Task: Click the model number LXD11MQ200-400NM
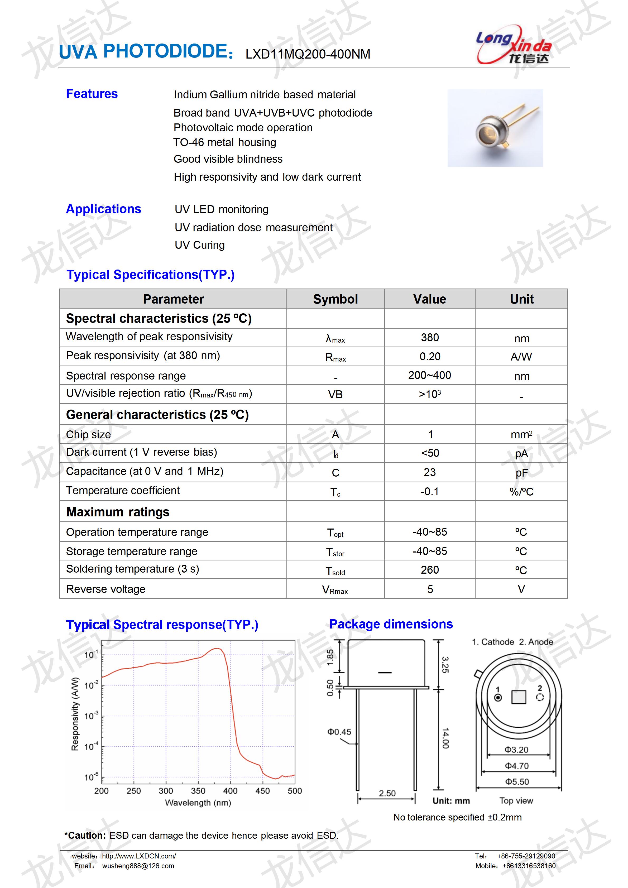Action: (x=308, y=54)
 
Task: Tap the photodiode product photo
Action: (x=495, y=128)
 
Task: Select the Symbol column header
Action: (x=335, y=299)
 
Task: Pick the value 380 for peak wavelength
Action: (x=430, y=338)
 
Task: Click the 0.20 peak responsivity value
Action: (x=430, y=357)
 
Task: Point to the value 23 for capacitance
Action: (x=430, y=472)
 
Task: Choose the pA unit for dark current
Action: (x=521, y=454)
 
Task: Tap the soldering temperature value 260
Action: (x=430, y=570)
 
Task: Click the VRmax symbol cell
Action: (x=335, y=590)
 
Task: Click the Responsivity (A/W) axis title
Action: (x=75, y=714)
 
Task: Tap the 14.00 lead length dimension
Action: (x=445, y=738)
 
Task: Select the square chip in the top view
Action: (x=519, y=697)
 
